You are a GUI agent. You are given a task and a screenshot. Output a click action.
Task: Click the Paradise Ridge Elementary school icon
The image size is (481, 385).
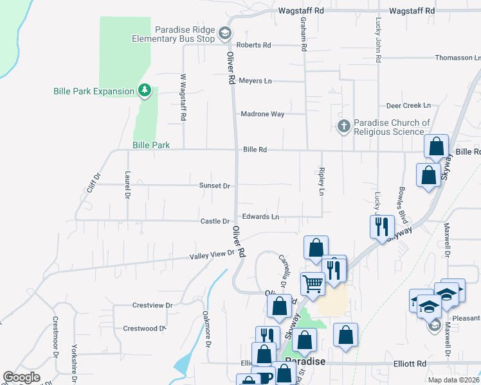(224, 33)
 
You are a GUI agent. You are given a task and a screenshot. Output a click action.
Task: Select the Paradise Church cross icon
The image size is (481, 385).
(344, 126)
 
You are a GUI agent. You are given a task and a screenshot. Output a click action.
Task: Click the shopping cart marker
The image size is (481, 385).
(313, 282)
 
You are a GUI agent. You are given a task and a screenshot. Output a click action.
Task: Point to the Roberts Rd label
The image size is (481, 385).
(253, 46)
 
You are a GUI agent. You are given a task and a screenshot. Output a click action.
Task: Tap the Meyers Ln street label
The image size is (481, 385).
(255, 81)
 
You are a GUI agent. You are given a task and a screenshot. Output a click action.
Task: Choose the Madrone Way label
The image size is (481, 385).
(262, 114)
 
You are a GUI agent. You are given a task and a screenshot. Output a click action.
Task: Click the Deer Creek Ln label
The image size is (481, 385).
(408, 105)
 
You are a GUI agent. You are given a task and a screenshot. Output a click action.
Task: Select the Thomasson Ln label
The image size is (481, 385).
(453, 58)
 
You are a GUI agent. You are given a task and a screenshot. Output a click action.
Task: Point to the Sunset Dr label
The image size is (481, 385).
(214, 185)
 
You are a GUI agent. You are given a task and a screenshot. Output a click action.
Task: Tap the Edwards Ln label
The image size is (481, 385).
(260, 217)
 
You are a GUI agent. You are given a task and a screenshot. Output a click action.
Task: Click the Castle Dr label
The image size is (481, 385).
(215, 221)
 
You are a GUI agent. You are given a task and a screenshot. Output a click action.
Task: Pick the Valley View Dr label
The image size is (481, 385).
(212, 255)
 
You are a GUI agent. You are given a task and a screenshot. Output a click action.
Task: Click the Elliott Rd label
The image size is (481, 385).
(412, 364)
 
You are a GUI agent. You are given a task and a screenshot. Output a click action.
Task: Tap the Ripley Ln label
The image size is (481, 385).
(321, 182)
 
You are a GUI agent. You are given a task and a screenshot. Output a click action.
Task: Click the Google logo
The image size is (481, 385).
(21, 377)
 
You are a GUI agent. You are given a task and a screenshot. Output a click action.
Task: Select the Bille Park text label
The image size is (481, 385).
(151, 146)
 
